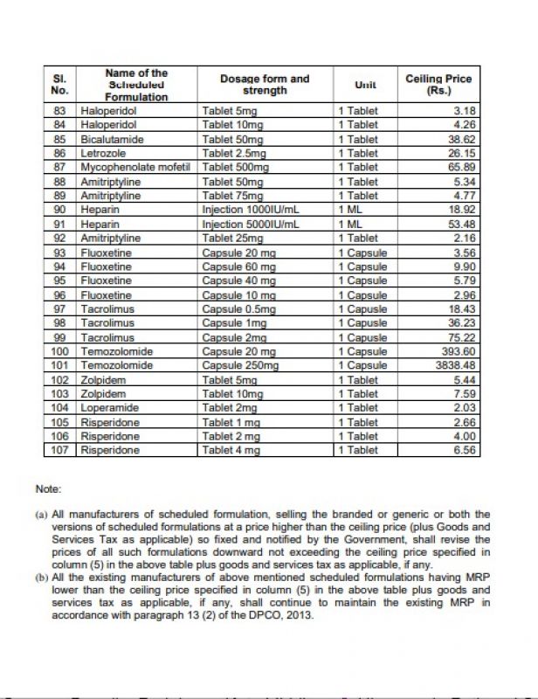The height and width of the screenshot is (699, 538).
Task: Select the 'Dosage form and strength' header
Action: pos(265,85)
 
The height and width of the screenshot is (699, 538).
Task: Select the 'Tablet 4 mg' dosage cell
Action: pos(231,450)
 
